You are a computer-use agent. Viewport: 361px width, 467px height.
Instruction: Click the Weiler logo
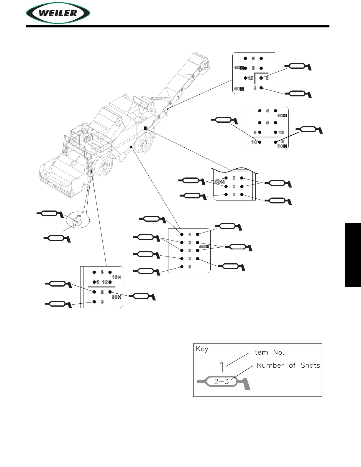(58, 13)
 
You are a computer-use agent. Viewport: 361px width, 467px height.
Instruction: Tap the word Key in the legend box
(202, 349)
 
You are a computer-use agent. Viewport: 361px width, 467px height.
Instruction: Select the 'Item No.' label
(268, 352)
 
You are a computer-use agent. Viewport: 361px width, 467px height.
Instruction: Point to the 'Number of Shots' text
(288, 366)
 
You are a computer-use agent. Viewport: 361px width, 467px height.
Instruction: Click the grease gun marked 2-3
(223, 382)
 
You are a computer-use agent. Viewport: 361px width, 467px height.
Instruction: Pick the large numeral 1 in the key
(222, 367)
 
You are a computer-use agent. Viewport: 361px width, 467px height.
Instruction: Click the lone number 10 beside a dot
(254, 142)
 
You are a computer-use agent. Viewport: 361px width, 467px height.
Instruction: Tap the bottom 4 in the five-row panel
(190, 267)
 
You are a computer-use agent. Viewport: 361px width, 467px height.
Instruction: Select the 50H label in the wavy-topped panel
(219, 182)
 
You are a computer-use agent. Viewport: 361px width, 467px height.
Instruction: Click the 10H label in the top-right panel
(239, 68)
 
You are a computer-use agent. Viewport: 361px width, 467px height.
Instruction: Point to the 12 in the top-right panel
(250, 78)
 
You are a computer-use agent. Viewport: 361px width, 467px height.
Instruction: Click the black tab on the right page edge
(352, 255)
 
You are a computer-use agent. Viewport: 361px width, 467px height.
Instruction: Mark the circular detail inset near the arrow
(77, 220)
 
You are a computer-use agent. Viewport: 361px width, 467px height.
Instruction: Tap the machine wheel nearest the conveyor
(145, 144)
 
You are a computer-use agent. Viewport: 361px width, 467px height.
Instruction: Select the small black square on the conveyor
(167, 109)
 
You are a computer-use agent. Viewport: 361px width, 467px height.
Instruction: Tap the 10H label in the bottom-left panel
(116, 277)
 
